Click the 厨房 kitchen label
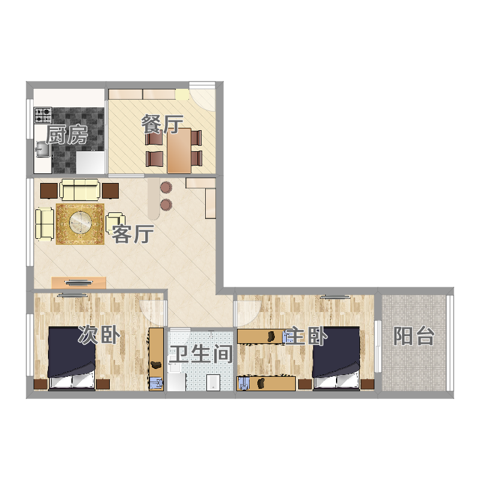click(x=67, y=134)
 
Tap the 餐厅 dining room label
click(x=162, y=124)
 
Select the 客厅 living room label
click(x=133, y=234)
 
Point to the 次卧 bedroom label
click(x=99, y=335)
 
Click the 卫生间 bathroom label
click(x=201, y=354)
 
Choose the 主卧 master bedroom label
click(x=306, y=336)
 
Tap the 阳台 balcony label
click(x=414, y=336)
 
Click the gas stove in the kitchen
click(x=43, y=115)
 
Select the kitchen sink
click(x=43, y=149)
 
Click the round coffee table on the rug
click(x=80, y=222)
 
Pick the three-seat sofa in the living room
click(x=80, y=190)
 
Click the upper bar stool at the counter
click(x=166, y=187)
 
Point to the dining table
click(x=179, y=151)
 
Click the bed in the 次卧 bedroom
click(x=72, y=358)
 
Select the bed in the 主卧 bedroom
click(x=336, y=358)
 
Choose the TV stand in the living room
click(x=79, y=283)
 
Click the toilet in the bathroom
click(x=213, y=383)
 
